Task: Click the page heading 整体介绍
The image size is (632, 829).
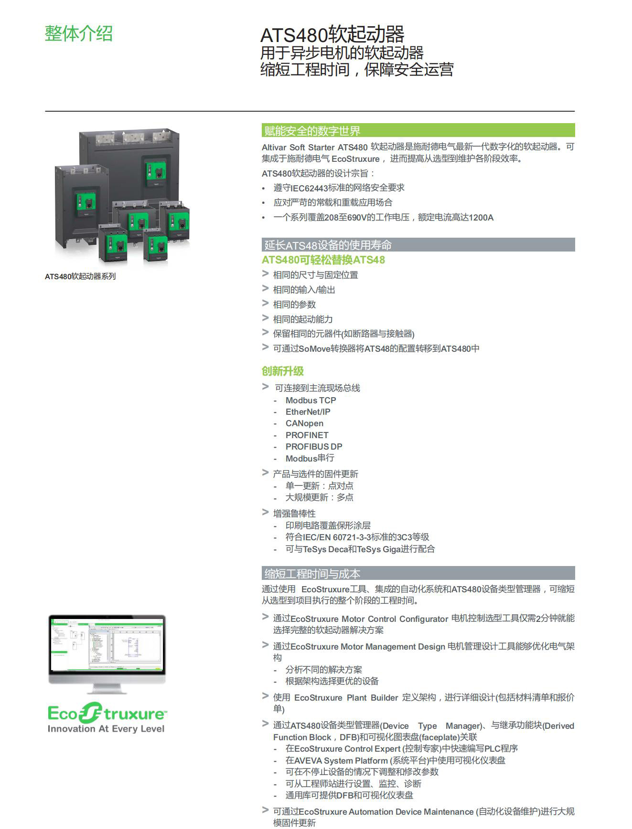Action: point(79,33)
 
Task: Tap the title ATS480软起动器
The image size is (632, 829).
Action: point(332,34)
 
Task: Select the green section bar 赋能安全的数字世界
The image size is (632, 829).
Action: point(418,130)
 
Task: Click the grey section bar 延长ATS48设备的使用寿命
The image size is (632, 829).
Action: point(418,245)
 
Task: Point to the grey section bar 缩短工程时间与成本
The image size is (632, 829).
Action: point(418,573)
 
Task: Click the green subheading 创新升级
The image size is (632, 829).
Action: point(283,371)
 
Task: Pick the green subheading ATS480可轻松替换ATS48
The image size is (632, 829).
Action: point(323,260)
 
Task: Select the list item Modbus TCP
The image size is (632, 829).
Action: point(311,400)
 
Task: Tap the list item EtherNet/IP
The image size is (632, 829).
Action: point(308,412)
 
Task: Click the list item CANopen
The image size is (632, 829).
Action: point(304,423)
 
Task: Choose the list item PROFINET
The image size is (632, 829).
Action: point(307,435)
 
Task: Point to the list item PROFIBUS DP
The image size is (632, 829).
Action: point(314,447)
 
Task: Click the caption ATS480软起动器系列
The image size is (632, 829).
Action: point(80,276)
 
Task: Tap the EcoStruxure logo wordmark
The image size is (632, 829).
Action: point(107,714)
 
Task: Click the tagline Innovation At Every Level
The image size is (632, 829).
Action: point(106,729)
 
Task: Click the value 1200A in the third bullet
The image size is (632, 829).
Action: point(481,218)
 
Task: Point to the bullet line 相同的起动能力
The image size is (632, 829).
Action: point(302,319)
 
